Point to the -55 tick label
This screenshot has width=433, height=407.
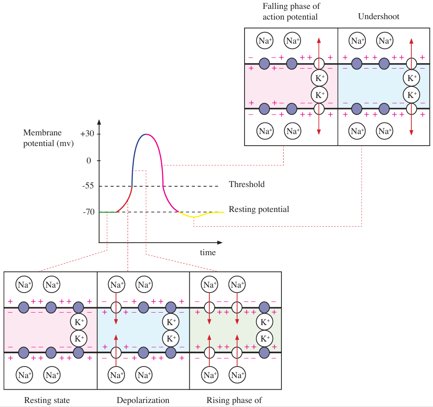88,186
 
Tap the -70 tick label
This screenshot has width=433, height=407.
88,212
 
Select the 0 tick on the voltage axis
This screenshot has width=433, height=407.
89,160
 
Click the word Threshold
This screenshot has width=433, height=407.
246,184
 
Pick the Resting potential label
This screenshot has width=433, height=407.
259,209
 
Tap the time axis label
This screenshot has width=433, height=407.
208,253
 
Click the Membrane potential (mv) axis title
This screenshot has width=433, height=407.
48,138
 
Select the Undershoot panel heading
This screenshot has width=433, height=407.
379,17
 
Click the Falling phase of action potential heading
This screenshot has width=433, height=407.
291,12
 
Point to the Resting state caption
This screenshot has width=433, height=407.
47,400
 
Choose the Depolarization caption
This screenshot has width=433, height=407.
143,400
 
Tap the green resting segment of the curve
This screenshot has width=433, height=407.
108,212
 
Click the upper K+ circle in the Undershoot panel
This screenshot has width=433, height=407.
412,78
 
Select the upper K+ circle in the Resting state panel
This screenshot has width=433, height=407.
79,322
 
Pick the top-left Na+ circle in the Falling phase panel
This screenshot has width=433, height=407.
265,41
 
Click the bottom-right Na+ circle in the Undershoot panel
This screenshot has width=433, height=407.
385,131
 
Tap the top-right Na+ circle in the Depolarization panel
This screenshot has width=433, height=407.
143,284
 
